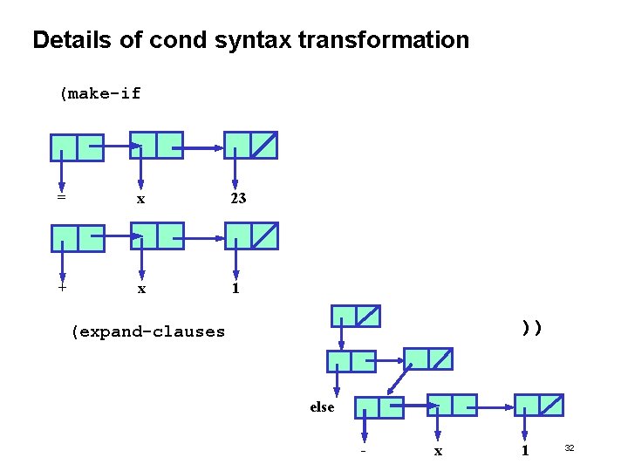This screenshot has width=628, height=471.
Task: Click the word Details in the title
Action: tap(71, 40)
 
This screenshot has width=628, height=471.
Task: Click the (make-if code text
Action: tap(100, 93)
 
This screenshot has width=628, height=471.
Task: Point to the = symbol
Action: tap(61, 198)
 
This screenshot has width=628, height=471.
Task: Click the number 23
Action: tap(238, 198)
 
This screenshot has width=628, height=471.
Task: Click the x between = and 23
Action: tap(141, 199)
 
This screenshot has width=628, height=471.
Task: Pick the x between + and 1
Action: tap(141, 289)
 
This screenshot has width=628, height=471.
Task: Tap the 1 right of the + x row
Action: tap(235, 288)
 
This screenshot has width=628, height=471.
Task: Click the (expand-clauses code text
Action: tap(148, 331)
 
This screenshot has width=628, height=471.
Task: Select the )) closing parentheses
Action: tap(532, 328)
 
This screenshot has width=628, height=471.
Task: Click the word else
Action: tap(322, 406)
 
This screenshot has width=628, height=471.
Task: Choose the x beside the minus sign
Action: tap(438, 451)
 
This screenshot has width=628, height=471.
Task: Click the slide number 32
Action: tap(569, 447)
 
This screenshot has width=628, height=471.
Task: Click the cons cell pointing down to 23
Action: tap(250, 145)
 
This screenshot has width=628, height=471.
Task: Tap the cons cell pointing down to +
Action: tap(77, 238)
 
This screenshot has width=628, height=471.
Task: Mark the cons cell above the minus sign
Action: tap(379, 406)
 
